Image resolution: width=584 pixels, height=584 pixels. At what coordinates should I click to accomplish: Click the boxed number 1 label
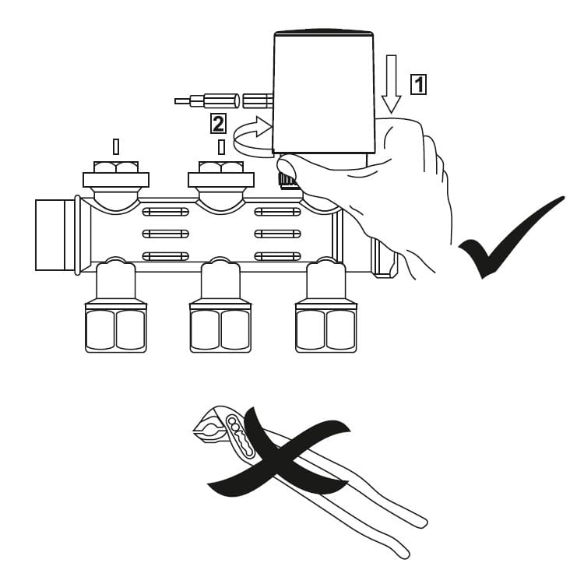(x=419, y=83)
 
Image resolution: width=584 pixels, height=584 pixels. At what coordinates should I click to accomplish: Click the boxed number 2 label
(x=219, y=123)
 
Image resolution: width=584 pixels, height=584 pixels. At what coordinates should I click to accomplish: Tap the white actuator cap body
(x=323, y=90)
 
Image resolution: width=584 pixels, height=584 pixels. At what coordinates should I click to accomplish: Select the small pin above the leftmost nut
(x=116, y=146)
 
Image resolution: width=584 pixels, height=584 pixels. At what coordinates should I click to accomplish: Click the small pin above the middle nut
(x=221, y=146)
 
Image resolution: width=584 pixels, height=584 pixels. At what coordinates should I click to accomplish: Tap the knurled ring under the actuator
(x=288, y=181)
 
